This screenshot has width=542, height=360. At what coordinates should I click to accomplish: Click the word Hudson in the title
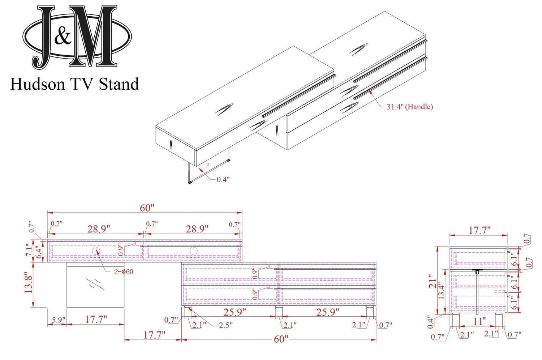pyautogui.click(x=38, y=84)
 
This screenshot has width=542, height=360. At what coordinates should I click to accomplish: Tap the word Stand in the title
pyautogui.click(x=119, y=84)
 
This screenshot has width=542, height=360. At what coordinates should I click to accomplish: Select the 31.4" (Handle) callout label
pyautogui.click(x=409, y=107)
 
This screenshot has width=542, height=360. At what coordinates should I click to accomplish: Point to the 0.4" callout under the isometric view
pyautogui.click(x=223, y=179)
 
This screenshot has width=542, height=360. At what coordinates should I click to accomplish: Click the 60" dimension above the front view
pyautogui.click(x=147, y=208)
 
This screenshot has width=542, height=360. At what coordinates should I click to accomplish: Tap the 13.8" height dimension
pyautogui.click(x=29, y=282)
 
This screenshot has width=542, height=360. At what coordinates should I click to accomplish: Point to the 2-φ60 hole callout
pyautogui.click(x=124, y=271)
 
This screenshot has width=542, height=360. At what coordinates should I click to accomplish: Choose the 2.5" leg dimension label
pyautogui.click(x=225, y=325)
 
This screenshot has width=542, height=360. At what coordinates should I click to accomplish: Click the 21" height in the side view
pyautogui.click(x=432, y=280)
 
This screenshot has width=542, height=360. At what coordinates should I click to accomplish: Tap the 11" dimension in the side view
pyautogui.click(x=479, y=321)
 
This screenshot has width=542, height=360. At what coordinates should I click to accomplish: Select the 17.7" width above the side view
pyautogui.click(x=479, y=230)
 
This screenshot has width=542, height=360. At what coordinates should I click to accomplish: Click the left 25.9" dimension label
pyautogui.click(x=235, y=312)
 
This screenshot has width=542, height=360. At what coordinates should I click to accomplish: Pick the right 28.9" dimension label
pyautogui.click(x=197, y=229)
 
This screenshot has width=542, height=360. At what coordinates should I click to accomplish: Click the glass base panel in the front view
pyautogui.click(x=95, y=285)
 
